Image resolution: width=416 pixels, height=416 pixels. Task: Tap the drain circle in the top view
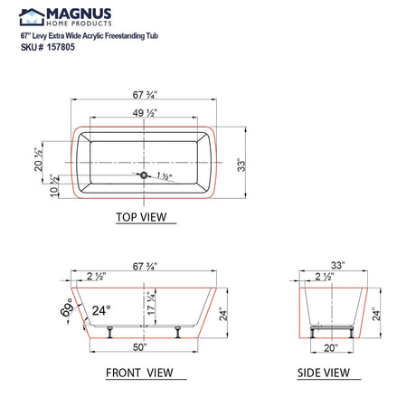(x=143, y=172)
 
